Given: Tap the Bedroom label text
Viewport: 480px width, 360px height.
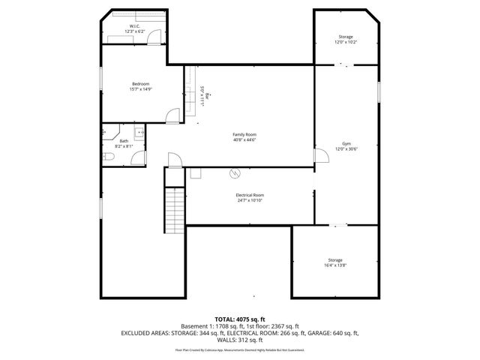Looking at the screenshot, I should click(141, 83).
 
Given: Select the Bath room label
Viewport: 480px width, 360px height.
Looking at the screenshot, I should click(124, 142).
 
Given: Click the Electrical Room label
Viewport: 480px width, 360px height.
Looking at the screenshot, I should click(250, 195).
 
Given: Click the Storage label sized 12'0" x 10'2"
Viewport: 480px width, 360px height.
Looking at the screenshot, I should click(345, 37).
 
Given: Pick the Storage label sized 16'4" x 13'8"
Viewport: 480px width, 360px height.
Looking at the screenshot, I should click(334, 260).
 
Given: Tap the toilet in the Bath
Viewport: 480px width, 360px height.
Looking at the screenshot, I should click(107, 156).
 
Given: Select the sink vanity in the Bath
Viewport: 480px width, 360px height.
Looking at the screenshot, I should click(105, 133).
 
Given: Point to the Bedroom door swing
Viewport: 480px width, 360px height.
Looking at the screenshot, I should click(172, 115).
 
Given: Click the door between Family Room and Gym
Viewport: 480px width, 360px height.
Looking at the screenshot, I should click(320, 155).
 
